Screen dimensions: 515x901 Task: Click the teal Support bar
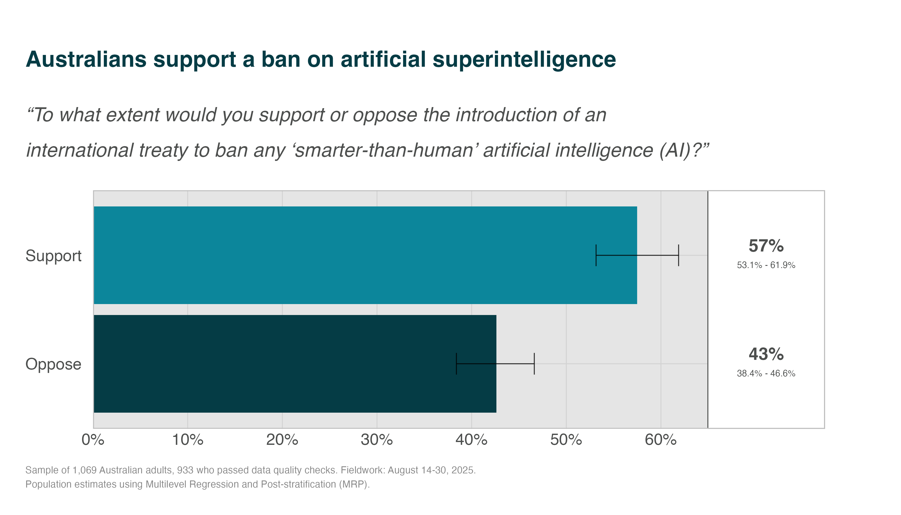(354, 255)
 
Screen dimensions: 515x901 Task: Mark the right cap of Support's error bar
(679, 255)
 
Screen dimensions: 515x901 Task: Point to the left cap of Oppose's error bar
(457, 364)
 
